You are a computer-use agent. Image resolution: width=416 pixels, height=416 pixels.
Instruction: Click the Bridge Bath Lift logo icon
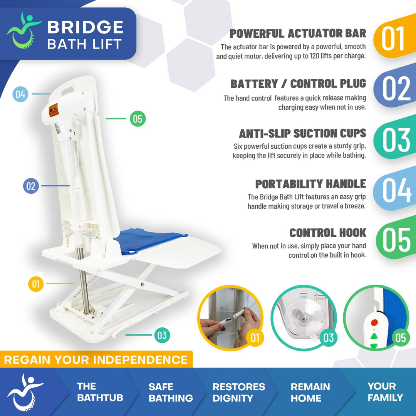[24, 34]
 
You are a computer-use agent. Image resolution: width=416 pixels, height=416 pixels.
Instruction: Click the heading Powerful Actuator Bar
[298, 34]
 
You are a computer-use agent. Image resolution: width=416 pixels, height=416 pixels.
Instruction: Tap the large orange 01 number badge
[393, 39]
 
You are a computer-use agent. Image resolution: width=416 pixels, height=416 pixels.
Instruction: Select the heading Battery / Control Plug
[298, 84]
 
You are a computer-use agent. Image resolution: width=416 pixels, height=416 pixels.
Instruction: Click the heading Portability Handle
[310, 184]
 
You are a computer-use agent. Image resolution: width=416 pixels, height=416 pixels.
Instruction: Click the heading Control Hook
[328, 233]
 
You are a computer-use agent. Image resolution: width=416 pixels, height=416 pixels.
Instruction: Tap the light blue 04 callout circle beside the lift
[20, 94]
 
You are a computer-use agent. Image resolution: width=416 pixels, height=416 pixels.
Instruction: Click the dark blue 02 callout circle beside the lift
[31, 186]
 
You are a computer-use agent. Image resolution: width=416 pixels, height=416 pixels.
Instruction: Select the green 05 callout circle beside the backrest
[138, 119]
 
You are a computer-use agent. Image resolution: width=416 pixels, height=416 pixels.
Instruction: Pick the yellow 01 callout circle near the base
[36, 284]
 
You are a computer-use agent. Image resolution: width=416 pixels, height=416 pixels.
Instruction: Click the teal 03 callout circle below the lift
[162, 335]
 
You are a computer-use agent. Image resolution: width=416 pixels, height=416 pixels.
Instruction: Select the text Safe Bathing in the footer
[171, 393]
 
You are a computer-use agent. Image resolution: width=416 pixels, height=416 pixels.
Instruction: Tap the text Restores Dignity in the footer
[239, 393]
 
